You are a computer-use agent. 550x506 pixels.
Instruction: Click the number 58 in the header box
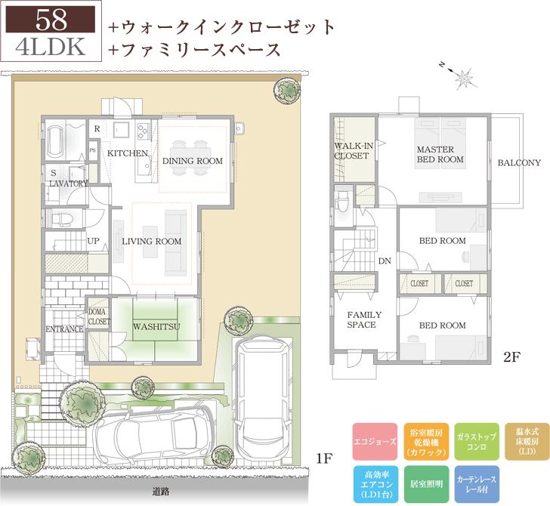coord(51,18)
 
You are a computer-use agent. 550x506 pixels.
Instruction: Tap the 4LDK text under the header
coord(51,45)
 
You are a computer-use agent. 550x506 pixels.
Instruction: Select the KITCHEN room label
coord(127,153)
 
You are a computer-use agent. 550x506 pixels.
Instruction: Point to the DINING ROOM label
coord(193,161)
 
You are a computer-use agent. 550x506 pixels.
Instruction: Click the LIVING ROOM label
coord(152,242)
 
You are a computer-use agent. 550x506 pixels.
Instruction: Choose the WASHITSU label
coord(156,327)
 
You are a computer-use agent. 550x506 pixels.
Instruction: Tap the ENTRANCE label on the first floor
coord(63,329)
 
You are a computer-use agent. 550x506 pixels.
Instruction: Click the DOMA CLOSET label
coord(99,316)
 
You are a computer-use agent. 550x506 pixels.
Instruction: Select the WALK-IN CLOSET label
coord(352,150)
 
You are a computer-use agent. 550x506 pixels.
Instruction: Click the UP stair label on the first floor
coord(94,241)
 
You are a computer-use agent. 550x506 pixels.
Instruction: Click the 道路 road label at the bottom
coord(160,493)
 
